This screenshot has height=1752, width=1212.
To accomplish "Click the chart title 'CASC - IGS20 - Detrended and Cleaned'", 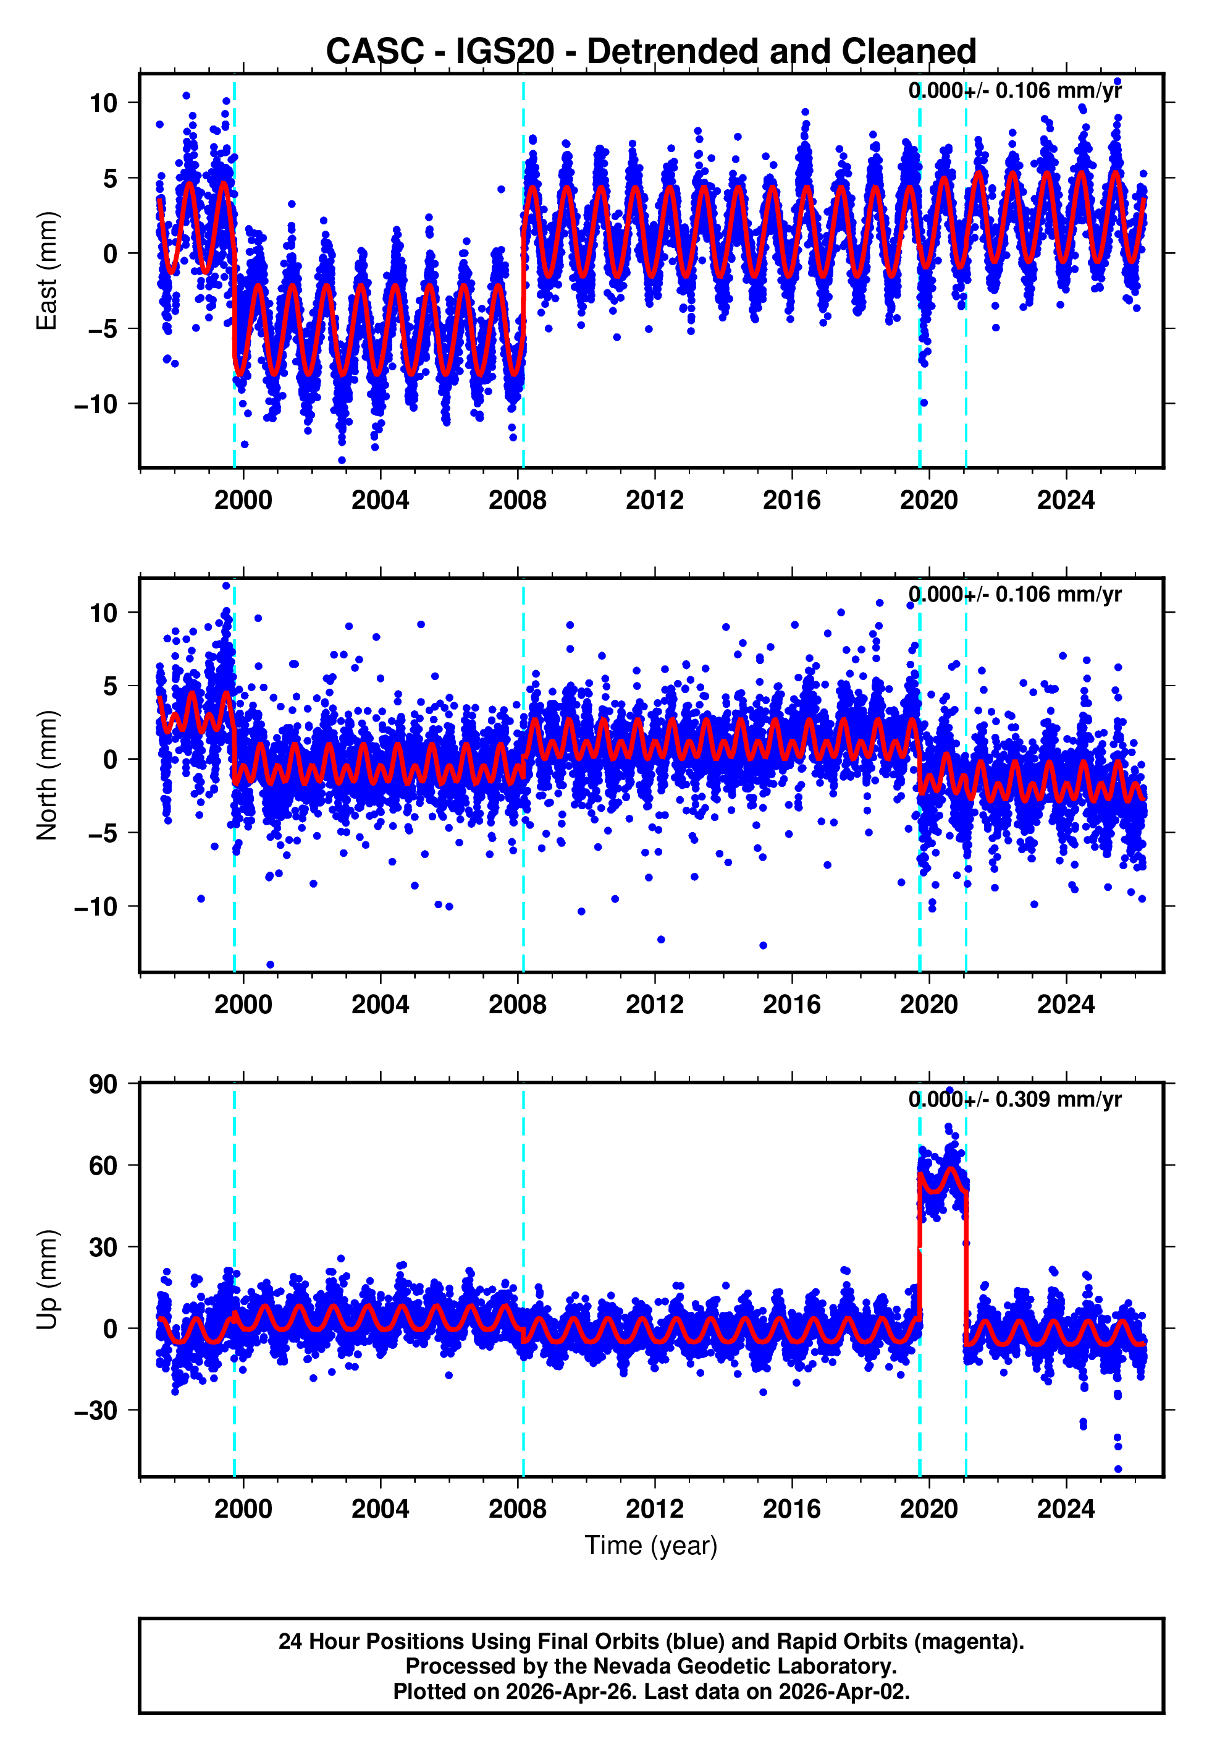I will coord(651,52).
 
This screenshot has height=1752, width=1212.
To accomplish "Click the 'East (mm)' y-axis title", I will coord(47,271).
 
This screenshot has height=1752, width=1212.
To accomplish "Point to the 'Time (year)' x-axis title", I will coord(651,1546).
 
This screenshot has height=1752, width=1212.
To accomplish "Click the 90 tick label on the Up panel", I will coord(103,1084).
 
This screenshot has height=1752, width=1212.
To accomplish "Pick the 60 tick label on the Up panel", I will coord(103,1165).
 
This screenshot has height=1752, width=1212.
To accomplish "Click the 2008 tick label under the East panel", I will coord(517,500).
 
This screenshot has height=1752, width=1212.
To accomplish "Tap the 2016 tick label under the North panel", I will coord(791,1005).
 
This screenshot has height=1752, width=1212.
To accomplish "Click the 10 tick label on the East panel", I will coord(103,103).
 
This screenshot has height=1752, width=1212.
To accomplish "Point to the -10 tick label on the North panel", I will coord(96,906).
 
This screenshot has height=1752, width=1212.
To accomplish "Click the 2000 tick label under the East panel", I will coord(243,500).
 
